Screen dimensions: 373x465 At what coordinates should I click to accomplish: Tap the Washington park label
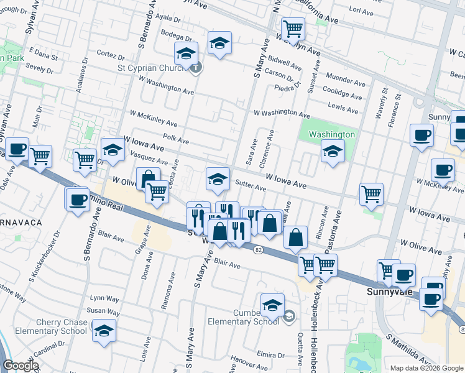click(x=333, y=134)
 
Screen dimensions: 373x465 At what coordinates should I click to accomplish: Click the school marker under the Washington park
click(x=333, y=152)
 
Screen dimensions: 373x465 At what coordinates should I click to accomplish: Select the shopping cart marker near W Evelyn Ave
click(x=293, y=28)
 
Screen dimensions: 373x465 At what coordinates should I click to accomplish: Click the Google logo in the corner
click(x=21, y=366)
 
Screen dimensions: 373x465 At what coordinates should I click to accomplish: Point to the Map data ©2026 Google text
click(x=426, y=368)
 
